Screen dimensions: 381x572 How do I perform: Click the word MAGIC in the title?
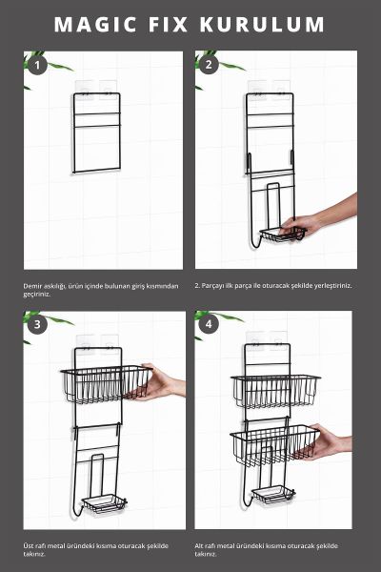95,25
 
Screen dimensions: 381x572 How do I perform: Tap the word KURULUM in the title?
262,25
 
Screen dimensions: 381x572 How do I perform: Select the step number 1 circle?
37,66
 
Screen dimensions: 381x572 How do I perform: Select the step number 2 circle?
209,65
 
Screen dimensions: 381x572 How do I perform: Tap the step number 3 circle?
37,324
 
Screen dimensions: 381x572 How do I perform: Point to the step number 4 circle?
209,324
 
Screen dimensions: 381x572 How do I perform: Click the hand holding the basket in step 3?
159,383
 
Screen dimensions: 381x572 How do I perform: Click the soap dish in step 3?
104,503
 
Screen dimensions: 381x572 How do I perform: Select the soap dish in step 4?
273,494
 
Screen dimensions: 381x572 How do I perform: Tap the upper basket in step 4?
275,390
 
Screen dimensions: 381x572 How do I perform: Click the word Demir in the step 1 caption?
31,286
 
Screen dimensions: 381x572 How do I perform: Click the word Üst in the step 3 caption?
28,546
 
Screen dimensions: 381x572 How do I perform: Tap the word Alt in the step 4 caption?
199,546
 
